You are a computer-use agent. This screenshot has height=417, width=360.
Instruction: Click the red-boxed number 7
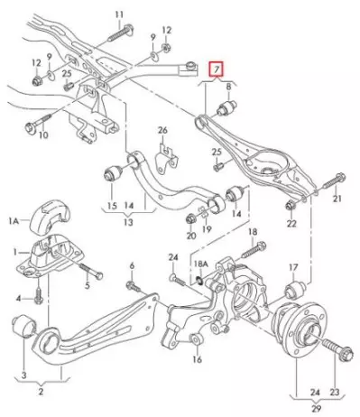pos(217,70)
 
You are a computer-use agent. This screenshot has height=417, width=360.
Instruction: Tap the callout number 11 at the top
pos(119,14)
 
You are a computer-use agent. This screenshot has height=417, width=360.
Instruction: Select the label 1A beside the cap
pos(14,222)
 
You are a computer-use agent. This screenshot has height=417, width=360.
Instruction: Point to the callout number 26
pos(162,131)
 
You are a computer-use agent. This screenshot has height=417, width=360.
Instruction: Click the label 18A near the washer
pos(201,264)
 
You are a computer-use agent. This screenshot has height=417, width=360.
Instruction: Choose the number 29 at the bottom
pos(315,408)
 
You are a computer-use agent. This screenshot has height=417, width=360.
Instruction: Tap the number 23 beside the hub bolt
pos(334,392)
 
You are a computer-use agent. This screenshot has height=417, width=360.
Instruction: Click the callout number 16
pos(198,359)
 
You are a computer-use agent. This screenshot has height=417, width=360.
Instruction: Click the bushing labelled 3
pos(24,326)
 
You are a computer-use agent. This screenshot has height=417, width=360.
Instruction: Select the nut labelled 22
pos(291,206)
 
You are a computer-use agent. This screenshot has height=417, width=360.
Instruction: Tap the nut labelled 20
pos(191,218)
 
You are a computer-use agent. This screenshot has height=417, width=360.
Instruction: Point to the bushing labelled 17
pos(295,287)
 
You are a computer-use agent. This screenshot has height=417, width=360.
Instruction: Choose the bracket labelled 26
pos(166,160)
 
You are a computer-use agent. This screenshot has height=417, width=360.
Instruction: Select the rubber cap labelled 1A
pos(51,216)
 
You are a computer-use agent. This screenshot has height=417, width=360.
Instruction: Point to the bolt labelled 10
pos(38,123)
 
